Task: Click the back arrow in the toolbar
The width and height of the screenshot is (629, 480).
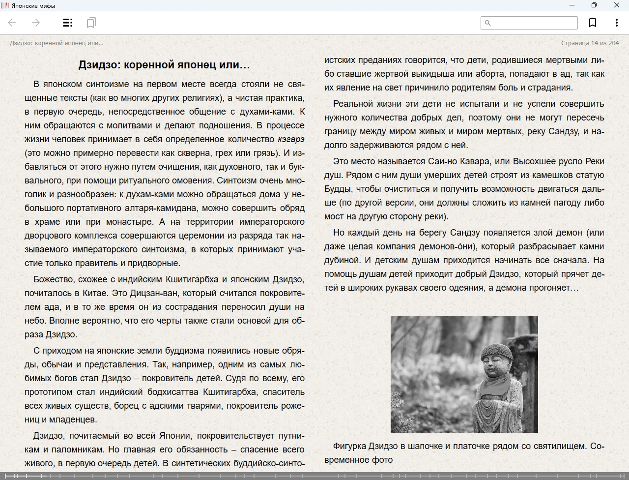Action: click(12, 23)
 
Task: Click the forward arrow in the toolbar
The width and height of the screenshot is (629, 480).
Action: click(35, 23)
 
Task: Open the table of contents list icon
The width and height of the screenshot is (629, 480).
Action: click(68, 23)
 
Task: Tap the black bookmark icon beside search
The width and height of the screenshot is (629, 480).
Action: click(593, 23)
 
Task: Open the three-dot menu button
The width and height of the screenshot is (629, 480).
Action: click(616, 23)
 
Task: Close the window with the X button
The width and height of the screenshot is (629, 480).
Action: click(616, 5)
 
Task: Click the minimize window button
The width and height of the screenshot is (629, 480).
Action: click(572, 5)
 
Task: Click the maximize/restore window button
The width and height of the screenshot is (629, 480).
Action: click(594, 5)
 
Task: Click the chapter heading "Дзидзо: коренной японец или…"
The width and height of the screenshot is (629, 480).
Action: click(164, 65)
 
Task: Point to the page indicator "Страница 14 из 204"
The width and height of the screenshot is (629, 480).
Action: click(590, 43)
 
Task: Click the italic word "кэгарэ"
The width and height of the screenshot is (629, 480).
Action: click(291, 139)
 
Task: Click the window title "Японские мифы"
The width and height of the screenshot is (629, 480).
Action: click(33, 6)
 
